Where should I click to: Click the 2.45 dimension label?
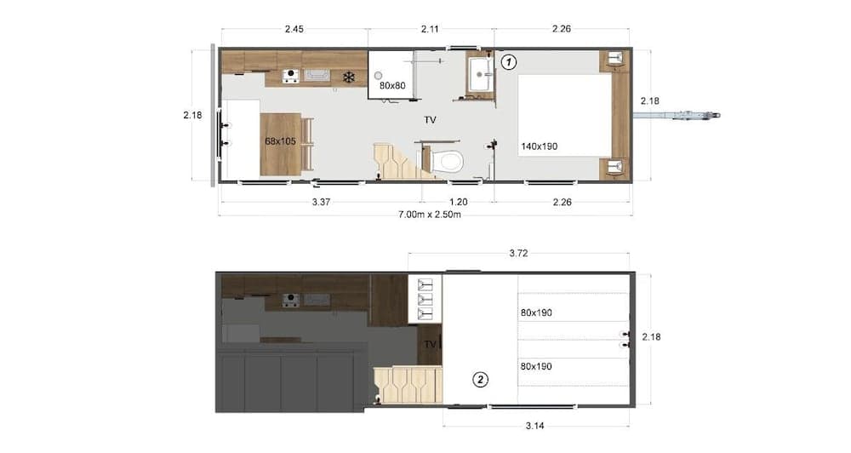coord(294,29)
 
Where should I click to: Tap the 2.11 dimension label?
coord(431,29)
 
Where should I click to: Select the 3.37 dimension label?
coord(321,202)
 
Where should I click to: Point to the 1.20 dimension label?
coord(459,202)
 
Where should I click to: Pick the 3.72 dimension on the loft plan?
coord(519,253)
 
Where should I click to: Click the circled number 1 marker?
coord(508,61)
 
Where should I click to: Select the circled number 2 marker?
coord(481,380)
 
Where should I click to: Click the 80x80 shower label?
coord(392,85)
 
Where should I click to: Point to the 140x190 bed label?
coord(540,146)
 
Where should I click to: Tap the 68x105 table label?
coord(280,141)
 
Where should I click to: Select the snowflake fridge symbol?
coord(348,77)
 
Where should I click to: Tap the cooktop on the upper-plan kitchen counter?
coord(291,77)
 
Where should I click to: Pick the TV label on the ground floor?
coord(431,120)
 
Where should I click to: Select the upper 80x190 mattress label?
coord(536,313)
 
